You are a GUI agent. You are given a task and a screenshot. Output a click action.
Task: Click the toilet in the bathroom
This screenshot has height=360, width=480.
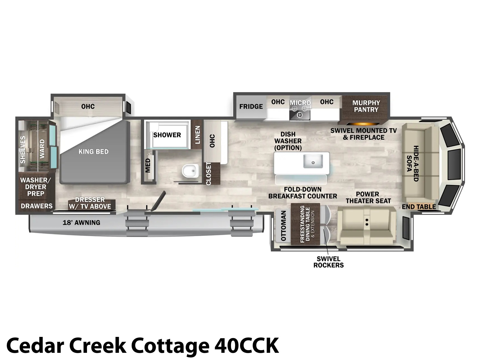(x=190, y=171)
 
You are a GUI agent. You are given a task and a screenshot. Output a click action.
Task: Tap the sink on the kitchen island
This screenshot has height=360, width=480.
(x=313, y=161)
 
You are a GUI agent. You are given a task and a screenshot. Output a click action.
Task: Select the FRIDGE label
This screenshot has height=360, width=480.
(x=251, y=106)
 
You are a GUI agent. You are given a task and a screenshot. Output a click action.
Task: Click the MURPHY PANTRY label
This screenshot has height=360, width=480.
(x=366, y=106)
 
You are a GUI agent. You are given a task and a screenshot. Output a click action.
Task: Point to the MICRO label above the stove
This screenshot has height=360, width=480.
(x=300, y=103)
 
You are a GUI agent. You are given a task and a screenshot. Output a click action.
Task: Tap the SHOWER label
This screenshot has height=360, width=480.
(x=167, y=135)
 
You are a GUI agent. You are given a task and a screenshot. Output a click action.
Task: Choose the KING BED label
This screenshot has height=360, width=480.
(x=93, y=151)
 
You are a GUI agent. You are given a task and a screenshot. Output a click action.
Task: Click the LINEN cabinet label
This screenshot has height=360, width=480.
(x=197, y=135)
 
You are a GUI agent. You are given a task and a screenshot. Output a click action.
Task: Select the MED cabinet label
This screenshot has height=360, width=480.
(x=148, y=166)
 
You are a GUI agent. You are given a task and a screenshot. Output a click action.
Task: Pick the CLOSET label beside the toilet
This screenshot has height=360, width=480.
(x=208, y=174)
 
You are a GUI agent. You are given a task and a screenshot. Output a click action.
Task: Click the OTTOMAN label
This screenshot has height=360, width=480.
(x=283, y=226)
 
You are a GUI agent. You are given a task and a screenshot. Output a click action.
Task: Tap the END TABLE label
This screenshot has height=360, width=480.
(x=419, y=207)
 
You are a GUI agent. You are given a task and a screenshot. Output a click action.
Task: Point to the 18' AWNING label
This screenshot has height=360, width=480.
(x=81, y=223)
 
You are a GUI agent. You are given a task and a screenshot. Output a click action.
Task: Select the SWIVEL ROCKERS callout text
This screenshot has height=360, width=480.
(x=328, y=262)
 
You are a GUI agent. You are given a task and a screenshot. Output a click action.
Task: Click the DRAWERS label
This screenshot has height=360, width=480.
(x=37, y=206)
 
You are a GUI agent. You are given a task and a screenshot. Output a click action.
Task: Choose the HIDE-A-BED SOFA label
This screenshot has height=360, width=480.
(x=412, y=163)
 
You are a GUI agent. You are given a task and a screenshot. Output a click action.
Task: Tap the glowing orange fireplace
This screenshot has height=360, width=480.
(x=362, y=124)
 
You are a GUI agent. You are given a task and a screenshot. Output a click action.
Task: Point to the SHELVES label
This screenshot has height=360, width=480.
(x=23, y=149)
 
